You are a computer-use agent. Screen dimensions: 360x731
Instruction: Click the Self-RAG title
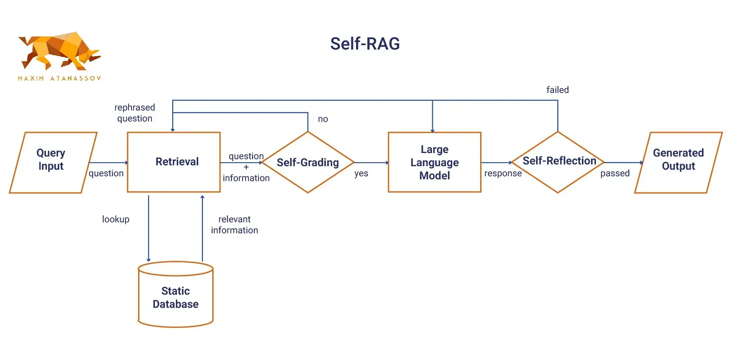[365, 44]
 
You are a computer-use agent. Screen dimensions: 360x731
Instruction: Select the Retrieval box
[174, 162]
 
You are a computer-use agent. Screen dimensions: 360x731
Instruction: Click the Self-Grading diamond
[308, 163]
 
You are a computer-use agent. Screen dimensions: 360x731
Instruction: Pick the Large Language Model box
[435, 162]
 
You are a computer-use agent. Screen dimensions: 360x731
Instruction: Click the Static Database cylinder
[175, 297]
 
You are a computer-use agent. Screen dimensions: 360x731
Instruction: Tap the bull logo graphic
[59, 50]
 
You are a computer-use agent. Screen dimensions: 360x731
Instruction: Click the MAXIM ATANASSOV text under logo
[60, 78]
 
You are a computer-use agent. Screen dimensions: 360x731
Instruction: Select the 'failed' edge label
[557, 90]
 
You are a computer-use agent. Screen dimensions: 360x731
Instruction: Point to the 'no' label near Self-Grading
[323, 119]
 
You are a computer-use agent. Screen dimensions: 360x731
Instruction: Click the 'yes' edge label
[361, 174]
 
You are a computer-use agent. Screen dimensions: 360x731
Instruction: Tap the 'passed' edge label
[615, 174]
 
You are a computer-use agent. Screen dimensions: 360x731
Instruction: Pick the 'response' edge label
[503, 174]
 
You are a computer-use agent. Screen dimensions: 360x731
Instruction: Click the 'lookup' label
[116, 219]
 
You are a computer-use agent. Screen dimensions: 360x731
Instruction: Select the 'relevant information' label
[235, 225]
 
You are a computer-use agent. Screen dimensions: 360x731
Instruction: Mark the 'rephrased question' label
[135, 113]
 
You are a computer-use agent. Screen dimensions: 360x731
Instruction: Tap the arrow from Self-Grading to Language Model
[371, 163]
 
